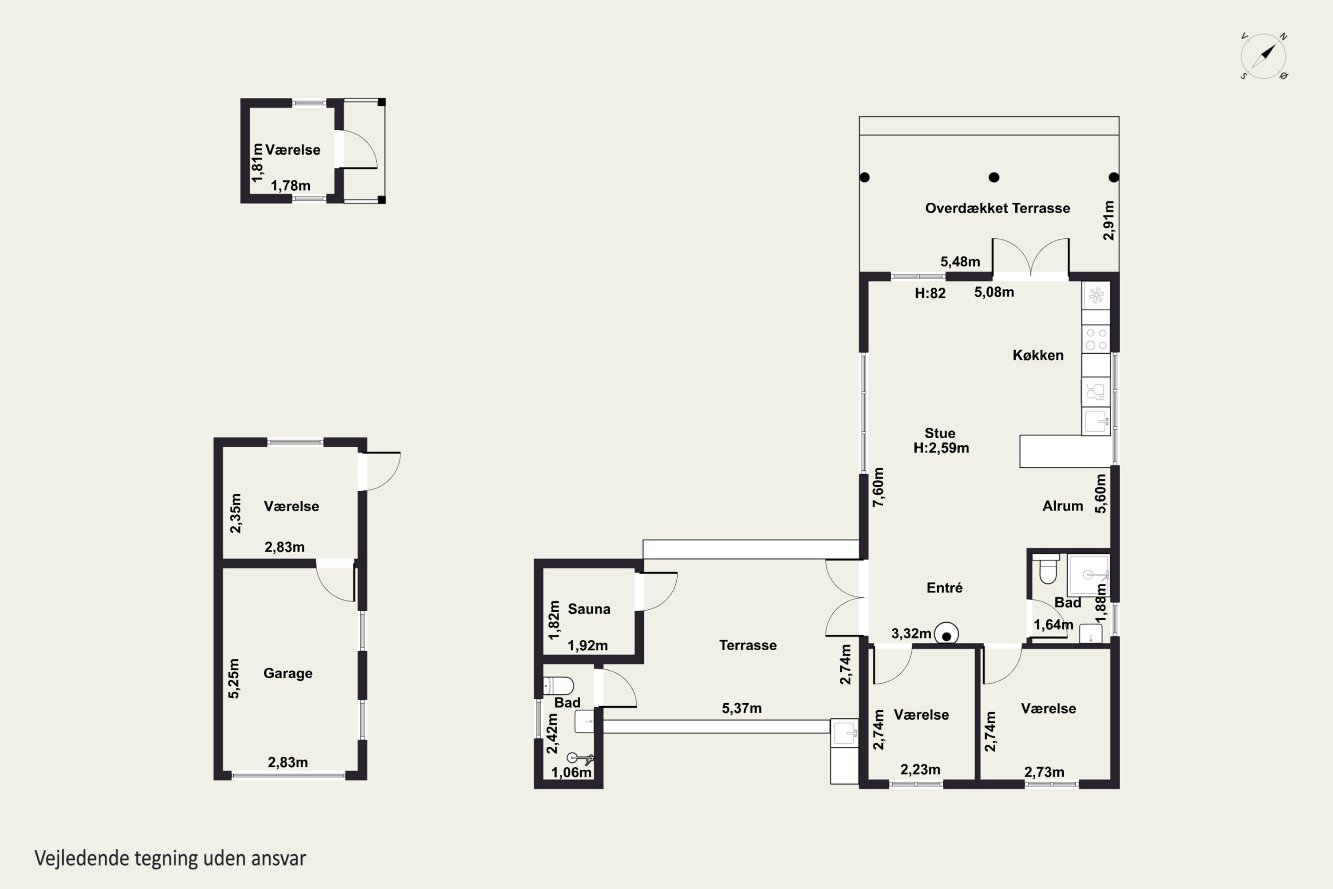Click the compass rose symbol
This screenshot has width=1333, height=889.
1263,56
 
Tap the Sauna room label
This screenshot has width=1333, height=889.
589,609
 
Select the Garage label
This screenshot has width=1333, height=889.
288,673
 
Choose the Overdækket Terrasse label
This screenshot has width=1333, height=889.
998,208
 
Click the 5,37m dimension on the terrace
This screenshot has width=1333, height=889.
741,708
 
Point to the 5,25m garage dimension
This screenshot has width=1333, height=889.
234,678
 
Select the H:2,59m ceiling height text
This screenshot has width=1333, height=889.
941,448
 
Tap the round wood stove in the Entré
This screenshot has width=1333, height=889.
946,634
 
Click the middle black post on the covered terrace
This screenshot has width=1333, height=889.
994,177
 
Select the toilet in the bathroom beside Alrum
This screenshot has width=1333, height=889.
1048,569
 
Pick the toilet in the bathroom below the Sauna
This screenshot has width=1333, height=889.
558,686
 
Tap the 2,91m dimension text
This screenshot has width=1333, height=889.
1109,220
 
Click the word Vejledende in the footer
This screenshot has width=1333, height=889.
81,858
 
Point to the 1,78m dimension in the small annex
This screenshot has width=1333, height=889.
290,185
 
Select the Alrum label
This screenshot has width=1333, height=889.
1063,506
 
